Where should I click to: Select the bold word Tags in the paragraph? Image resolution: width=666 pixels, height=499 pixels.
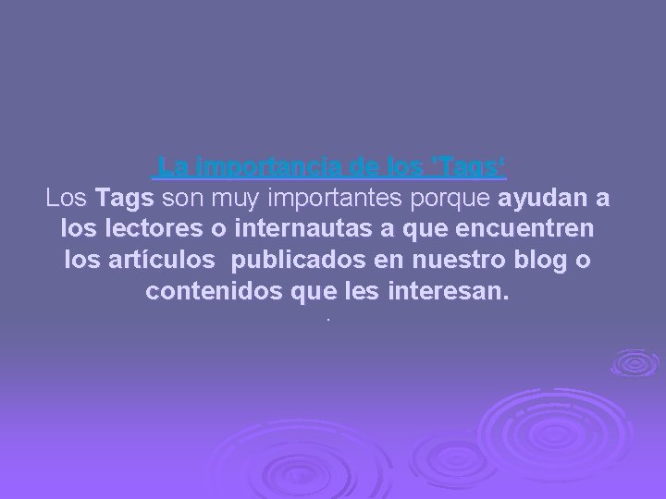(128, 199)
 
